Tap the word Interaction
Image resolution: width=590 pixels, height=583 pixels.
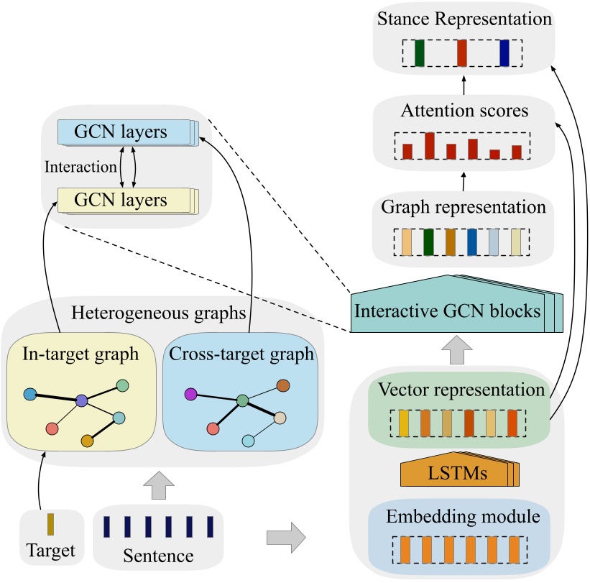[x=80, y=166]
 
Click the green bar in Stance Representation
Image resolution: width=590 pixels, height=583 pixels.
[x=420, y=54]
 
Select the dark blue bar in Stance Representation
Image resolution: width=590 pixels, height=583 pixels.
[x=504, y=54]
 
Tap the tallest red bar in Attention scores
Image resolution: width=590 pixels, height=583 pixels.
[x=429, y=145]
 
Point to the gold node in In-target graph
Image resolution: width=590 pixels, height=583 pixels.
[x=87, y=439]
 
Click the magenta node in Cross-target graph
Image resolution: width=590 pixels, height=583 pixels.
[x=190, y=394]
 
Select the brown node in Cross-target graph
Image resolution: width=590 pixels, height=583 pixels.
[x=283, y=386]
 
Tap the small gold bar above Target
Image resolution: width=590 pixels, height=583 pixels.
[x=50, y=524]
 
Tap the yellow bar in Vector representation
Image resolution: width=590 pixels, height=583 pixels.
[x=404, y=423]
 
